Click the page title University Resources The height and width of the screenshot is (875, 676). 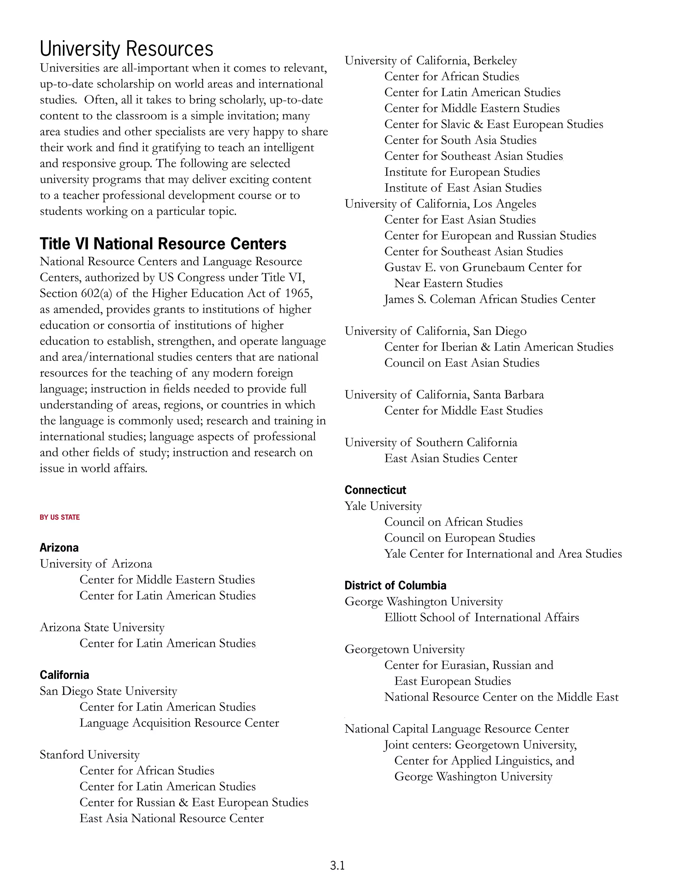(126, 49)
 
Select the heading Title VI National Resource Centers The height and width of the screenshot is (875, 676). (163, 244)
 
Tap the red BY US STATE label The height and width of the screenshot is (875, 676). (60, 517)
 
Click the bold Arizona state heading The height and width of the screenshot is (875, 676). (59, 548)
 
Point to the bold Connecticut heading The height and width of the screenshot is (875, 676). (375, 490)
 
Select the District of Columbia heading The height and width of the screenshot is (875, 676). (395, 585)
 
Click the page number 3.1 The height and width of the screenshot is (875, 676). (337, 865)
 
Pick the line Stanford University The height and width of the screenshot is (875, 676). (89, 755)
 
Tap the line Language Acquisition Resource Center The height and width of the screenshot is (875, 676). (179, 723)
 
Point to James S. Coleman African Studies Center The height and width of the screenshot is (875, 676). (490, 299)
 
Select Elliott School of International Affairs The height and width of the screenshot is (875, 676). (481, 617)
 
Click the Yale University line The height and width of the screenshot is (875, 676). (383, 506)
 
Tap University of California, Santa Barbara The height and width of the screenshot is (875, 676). (444, 395)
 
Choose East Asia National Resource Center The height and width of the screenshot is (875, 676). (171, 818)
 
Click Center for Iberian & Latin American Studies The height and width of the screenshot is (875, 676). (499, 347)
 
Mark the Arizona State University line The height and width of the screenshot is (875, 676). (102, 627)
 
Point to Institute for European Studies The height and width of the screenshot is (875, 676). (462, 172)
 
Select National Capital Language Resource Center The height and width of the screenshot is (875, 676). (456, 729)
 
